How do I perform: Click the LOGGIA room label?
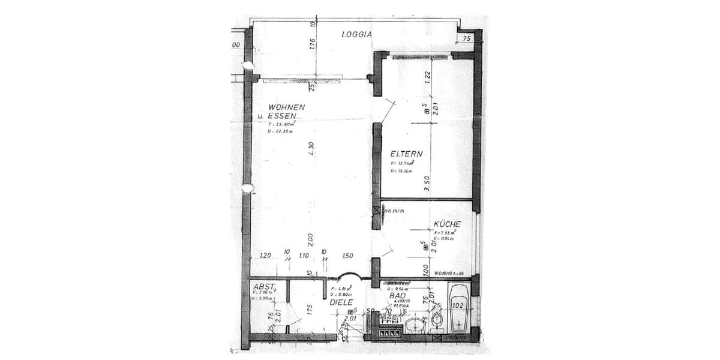point(357,34)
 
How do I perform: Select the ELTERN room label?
point(406,154)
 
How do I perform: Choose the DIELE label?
point(341,302)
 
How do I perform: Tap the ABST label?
point(264,286)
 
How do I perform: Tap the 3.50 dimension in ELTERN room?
point(427,182)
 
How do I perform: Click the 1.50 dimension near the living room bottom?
point(347,256)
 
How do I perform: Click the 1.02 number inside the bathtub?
point(458,305)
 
